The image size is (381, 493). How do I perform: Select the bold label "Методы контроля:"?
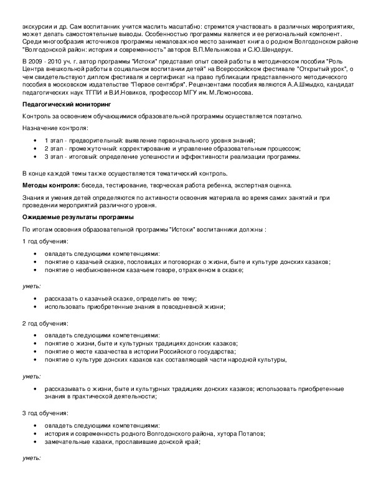(x=50, y=185)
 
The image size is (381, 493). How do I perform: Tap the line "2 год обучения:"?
(x=45, y=324)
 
